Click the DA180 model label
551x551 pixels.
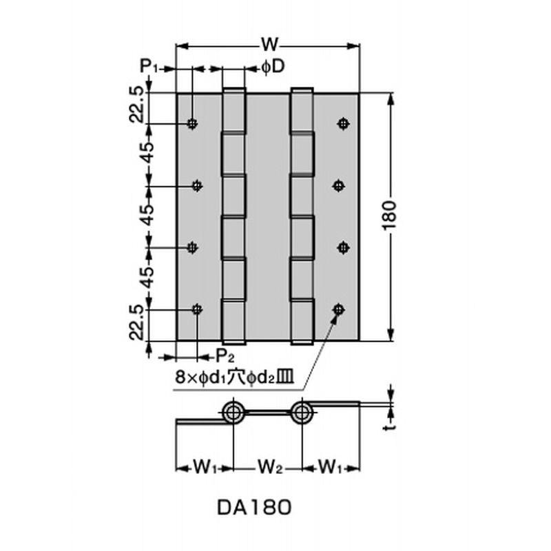pyautogui.click(x=254, y=508)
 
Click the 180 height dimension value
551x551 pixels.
pyautogui.click(x=390, y=215)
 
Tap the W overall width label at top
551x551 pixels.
pyautogui.click(x=269, y=45)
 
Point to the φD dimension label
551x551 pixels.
pyautogui.click(x=272, y=67)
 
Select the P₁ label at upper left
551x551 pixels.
pyautogui.click(x=150, y=66)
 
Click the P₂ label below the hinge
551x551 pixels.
pyautogui.click(x=225, y=356)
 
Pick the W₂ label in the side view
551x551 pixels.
pyautogui.click(x=270, y=468)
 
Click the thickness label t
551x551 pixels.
pyautogui.click(x=389, y=427)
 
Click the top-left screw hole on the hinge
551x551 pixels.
pyautogui.click(x=192, y=123)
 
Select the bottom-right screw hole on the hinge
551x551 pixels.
pyautogui.click(x=338, y=309)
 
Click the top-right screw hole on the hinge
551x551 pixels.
pyautogui.click(x=343, y=123)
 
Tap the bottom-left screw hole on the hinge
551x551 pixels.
pyautogui.click(x=197, y=309)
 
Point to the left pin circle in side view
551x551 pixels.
pyautogui.click(x=233, y=412)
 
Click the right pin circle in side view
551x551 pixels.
pyautogui.click(x=302, y=412)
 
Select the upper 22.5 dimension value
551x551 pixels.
pyautogui.click(x=136, y=105)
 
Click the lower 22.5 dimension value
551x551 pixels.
pyautogui.click(x=136, y=322)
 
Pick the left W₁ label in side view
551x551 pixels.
pyautogui.click(x=205, y=468)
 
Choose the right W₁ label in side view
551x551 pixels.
pyautogui.click(x=331, y=468)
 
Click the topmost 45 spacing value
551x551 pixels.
pyautogui.click(x=149, y=152)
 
